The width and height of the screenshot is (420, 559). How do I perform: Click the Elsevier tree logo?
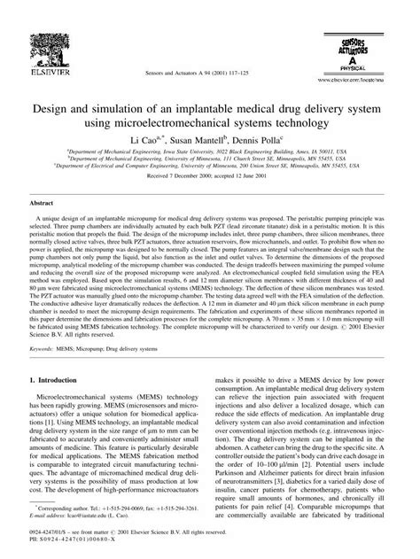(36, 22)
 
